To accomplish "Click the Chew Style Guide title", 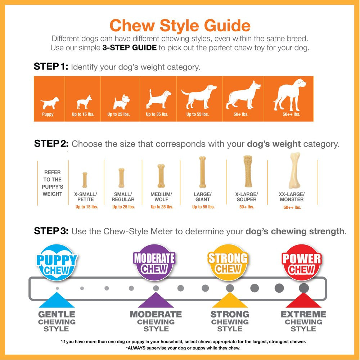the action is tap(180, 25).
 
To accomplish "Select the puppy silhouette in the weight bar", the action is tap(50, 103).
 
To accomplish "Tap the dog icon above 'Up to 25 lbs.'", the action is tap(121, 102).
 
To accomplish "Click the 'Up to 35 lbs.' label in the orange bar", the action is tap(157, 114).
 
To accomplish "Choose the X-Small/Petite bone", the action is tap(85, 180).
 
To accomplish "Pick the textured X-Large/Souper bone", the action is tap(248, 171).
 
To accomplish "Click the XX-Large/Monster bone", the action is tap(294, 170).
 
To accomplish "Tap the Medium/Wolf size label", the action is tap(161, 197).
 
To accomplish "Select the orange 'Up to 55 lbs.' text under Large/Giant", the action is tap(203, 207).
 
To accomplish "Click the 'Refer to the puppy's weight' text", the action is tap(52, 183).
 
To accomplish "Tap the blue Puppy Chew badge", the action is tap(57, 262).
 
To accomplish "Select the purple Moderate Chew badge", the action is tap(154, 262).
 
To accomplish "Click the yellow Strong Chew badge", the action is tap(228, 262).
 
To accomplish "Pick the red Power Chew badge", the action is tap(301, 262).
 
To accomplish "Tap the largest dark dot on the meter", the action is tap(304, 288).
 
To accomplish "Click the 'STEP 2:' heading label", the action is tap(51, 144).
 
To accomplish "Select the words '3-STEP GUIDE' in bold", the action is tap(130, 48).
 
